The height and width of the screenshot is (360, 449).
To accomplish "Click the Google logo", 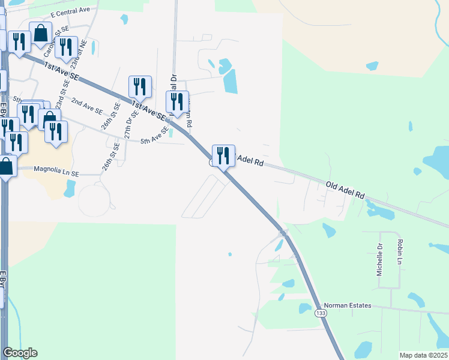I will (x=20, y=353).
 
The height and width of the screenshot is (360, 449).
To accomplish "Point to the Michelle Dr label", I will (x=379, y=260).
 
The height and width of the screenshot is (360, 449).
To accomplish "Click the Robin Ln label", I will (x=399, y=251).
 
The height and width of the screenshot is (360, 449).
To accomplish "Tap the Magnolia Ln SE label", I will (x=57, y=173).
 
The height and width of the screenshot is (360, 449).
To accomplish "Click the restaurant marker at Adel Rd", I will (x=223, y=156).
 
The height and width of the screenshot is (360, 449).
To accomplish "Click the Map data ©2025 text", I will (x=423, y=355).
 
